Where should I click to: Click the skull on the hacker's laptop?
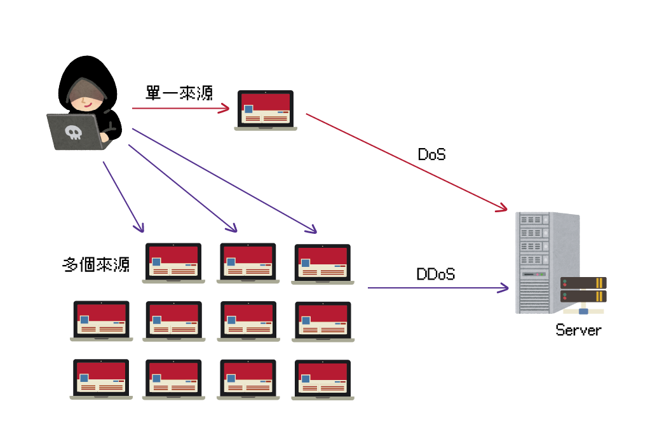pos(74,132)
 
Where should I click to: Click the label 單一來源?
pos(179,93)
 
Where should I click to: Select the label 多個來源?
pos(96,264)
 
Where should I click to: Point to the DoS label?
pos(431,154)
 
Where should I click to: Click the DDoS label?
pos(435,275)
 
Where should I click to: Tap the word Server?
pos(578,330)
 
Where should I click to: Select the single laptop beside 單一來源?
pos(266,110)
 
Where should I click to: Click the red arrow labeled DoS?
pos(407,162)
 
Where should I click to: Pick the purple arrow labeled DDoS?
pos(438,288)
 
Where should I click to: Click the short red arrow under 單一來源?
pos(180,109)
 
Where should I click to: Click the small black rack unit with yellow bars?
pos(583,290)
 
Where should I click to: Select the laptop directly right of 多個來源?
pos(173,262)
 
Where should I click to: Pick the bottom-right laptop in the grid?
pos(323,379)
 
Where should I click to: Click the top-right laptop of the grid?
pos(323,263)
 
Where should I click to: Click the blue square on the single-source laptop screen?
pos(248,109)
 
